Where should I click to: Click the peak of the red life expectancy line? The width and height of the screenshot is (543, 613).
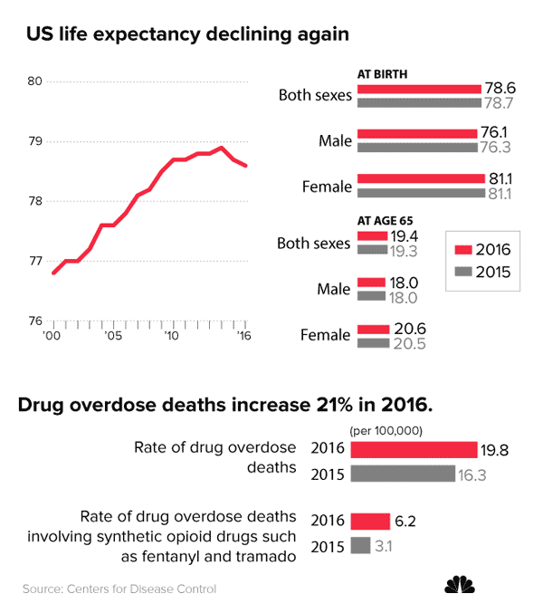(222, 148)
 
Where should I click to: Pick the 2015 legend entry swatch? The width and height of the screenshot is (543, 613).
(462, 273)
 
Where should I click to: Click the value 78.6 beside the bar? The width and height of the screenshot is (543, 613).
(500, 89)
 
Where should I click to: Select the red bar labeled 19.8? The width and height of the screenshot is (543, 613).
(413, 450)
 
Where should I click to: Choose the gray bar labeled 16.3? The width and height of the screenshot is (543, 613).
(402, 474)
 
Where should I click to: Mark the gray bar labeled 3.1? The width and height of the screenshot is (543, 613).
(360, 546)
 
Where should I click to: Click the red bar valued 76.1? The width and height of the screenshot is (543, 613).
(416, 134)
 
